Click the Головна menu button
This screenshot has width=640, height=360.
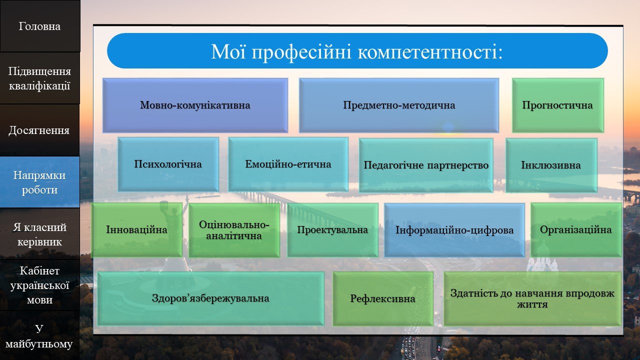point(39,26)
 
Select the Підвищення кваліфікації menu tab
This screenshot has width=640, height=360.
point(39,78)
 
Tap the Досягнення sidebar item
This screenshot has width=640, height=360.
point(39,130)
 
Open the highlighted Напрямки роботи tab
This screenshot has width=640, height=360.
point(39,182)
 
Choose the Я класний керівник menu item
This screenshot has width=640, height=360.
point(39,234)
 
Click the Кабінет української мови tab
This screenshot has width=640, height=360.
point(39,285)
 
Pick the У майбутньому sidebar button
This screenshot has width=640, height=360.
point(39,335)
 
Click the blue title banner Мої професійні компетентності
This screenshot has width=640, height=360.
point(357,51)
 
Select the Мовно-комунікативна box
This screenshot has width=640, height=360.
point(195,105)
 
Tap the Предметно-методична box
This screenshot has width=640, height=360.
point(399,105)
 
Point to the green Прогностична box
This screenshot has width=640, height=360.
point(557,105)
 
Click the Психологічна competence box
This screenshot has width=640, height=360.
point(168,164)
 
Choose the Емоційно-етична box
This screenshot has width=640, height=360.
point(288,164)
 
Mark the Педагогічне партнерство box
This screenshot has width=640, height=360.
point(426,165)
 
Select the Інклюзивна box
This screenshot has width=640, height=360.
point(551,165)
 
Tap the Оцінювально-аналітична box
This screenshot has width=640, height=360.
point(234,230)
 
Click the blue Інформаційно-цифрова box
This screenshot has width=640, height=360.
point(454,230)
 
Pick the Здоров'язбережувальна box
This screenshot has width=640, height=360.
point(210,298)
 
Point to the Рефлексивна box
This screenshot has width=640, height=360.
point(383,298)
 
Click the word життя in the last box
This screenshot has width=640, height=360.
point(532,304)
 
